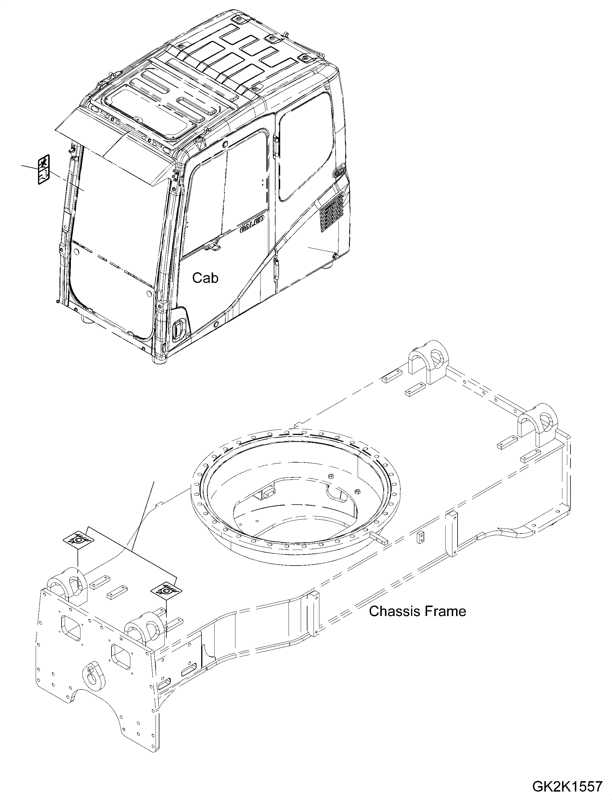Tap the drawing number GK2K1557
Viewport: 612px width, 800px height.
[x=567, y=786]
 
